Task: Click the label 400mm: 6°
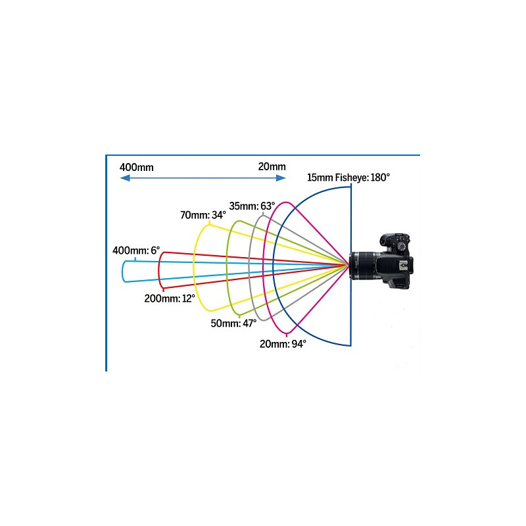[135, 251]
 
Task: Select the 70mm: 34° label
[203, 215]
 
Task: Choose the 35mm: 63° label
[252, 206]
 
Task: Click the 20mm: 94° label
[282, 344]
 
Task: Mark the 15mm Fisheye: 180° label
[348, 178]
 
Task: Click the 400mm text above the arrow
[136, 167]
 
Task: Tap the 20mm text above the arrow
[272, 166]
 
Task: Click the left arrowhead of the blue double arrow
[124, 178]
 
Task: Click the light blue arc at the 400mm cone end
[123, 271]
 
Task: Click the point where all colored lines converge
[348, 266]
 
